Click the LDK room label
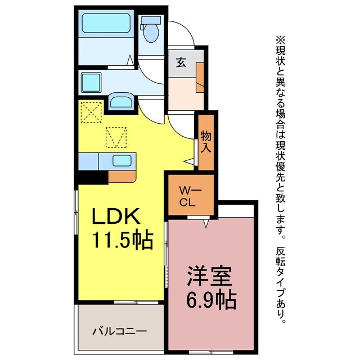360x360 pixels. pyautogui.click(x=119, y=217)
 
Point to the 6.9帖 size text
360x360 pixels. pyautogui.click(x=211, y=299)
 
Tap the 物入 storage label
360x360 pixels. pyautogui.click(x=206, y=143)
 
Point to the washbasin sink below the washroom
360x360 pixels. pyautogui.click(x=121, y=102)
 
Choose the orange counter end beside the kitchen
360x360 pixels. pyautogui.click(x=122, y=176)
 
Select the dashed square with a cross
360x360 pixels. pyautogui.click(x=91, y=111)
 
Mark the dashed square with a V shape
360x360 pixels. pyautogui.click(x=117, y=137)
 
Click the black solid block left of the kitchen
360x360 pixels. pyautogui.click(x=92, y=177)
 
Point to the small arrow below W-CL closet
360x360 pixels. pyautogui.click(x=206, y=223)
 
